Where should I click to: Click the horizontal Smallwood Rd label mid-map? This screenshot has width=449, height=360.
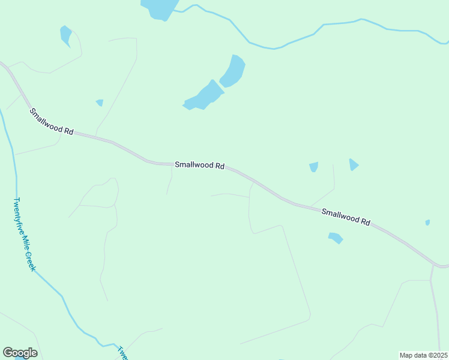click(199, 165)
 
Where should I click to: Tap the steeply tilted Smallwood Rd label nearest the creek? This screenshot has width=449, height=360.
click(51, 121)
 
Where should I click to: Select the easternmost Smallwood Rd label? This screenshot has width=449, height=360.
click(345, 217)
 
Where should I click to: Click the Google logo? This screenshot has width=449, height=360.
click(20, 353)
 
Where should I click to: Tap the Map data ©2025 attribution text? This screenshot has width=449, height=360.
click(424, 355)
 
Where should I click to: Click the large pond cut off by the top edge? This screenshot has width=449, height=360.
click(159, 8)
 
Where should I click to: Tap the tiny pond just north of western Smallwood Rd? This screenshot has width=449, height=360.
click(100, 103)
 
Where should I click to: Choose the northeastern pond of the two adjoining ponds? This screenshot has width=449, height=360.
click(233, 70)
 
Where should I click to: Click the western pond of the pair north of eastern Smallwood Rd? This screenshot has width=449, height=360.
click(313, 167)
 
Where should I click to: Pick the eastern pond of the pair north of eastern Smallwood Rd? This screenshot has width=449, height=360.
click(354, 164)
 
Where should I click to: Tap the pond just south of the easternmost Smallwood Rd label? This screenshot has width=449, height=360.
click(336, 238)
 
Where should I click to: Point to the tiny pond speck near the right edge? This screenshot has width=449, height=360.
click(427, 223)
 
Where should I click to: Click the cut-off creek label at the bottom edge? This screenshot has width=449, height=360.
click(122, 353)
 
